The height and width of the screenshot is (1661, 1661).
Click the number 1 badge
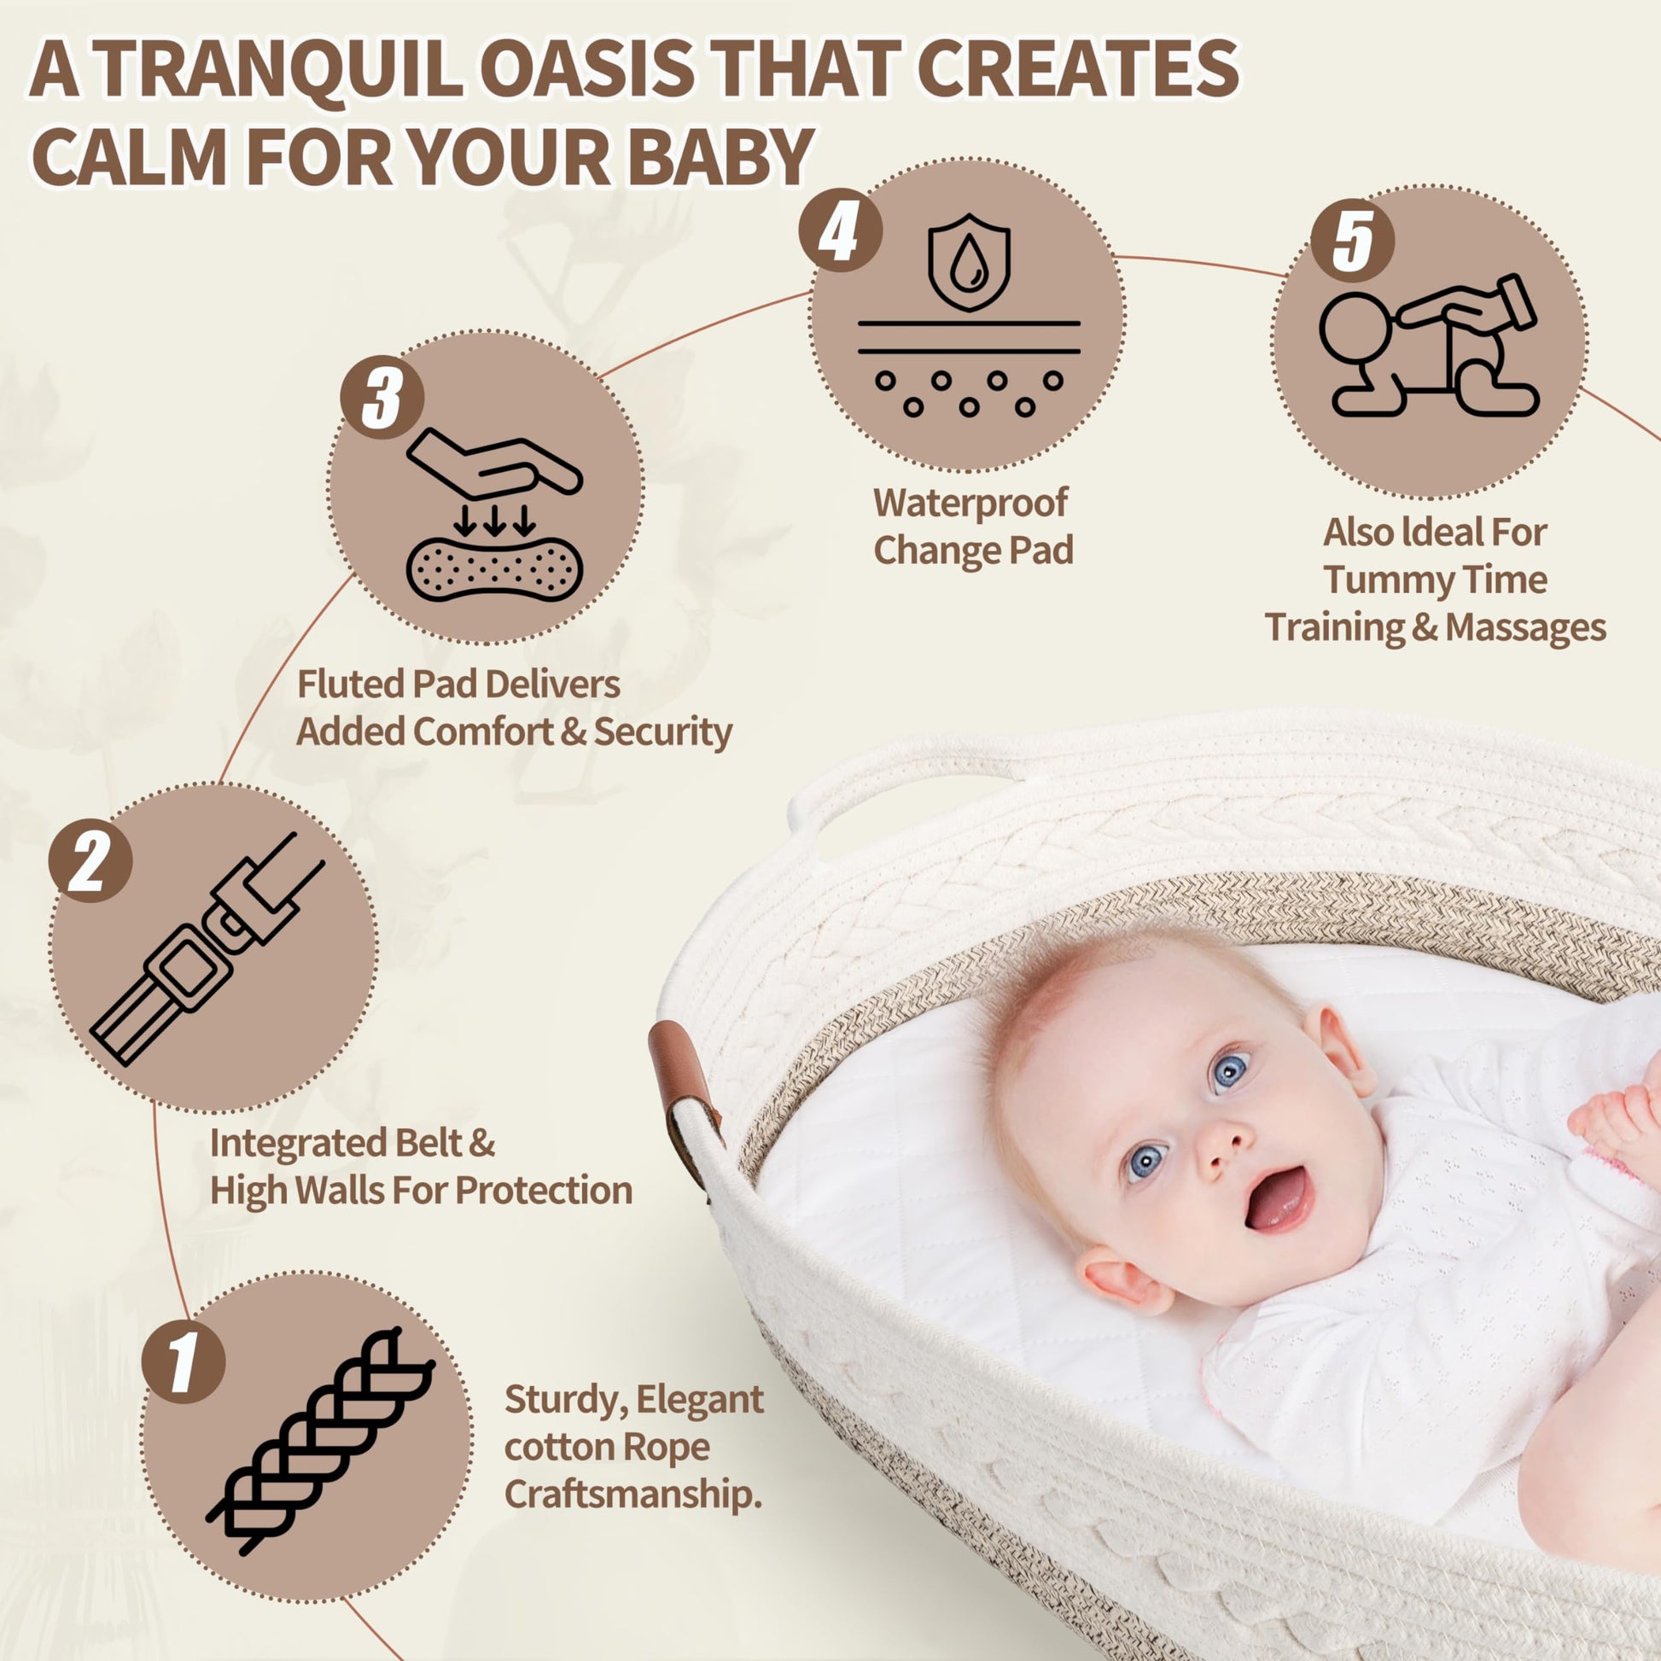click(184, 1361)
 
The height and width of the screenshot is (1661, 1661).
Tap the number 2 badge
click(90, 860)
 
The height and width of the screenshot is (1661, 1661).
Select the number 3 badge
click(382, 398)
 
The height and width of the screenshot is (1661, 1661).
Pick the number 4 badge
click(840, 230)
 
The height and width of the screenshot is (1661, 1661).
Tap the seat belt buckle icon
click(207, 949)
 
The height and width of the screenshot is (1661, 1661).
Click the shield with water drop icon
click(969, 262)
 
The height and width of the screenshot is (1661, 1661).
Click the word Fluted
click(351, 685)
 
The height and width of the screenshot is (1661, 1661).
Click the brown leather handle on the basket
click(685, 1097)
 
